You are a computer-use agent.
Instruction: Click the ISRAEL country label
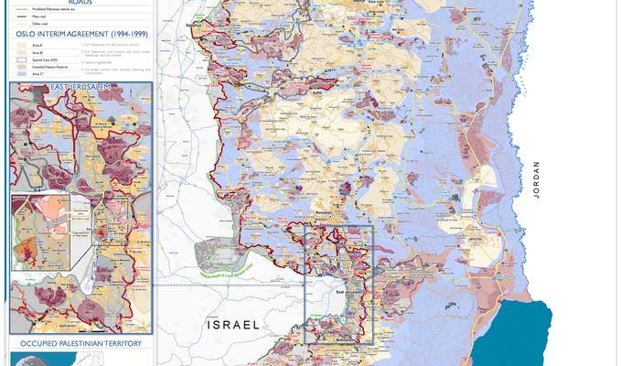pyautogui.click(x=234, y=325)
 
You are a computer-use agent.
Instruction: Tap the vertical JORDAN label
pyautogui.click(x=538, y=179)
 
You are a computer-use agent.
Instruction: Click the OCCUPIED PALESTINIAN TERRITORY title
pyautogui.click(x=78, y=343)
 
